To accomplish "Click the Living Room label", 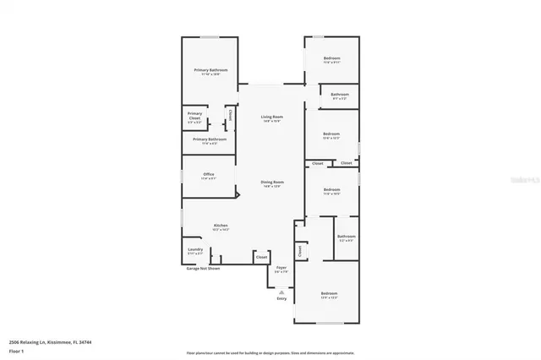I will (271, 117).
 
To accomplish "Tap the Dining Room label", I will (271, 183).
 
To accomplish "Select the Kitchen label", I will (221, 226).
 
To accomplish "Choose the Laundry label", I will (194, 250).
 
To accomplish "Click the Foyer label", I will (281, 269).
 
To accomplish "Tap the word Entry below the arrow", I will (281, 298).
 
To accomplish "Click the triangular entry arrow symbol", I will (281, 292).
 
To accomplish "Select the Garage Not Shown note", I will (204, 270).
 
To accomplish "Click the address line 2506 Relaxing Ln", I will (50, 341).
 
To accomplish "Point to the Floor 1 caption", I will (15, 350).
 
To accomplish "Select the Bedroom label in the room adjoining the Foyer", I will (329, 293).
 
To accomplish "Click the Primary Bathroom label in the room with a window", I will (210, 70).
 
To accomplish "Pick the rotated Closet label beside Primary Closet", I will (229, 115).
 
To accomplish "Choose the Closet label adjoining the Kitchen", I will (262, 256).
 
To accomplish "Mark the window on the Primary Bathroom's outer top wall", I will (210, 36).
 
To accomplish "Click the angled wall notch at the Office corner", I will (238, 195).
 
